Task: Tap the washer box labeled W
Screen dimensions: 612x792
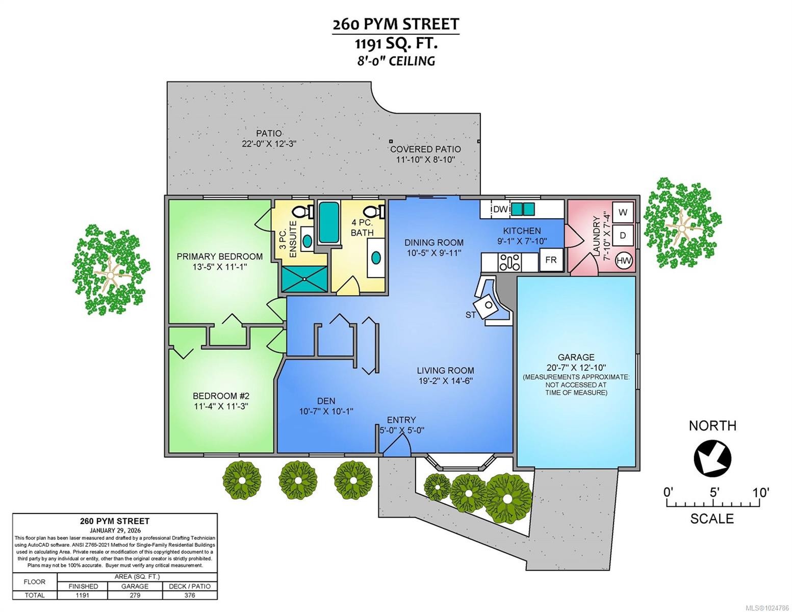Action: (622, 212)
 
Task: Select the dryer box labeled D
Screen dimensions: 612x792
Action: (622, 236)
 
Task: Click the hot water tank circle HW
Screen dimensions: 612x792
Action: (624, 261)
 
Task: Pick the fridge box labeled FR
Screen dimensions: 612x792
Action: (551, 260)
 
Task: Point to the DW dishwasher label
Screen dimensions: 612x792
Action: (500, 209)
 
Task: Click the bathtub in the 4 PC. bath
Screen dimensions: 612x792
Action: (329, 222)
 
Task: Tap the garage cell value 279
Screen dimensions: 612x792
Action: (135, 595)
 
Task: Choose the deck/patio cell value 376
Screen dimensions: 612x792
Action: (190, 595)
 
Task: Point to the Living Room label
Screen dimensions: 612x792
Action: (445, 371)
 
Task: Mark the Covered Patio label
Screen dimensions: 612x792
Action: (425, 149)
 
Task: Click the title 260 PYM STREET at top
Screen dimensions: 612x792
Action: (396, 24)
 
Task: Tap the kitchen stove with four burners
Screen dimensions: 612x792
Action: (510, 262)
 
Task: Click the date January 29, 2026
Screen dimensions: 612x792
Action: (115, 530)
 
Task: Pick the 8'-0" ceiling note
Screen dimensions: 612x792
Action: (396, 61)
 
